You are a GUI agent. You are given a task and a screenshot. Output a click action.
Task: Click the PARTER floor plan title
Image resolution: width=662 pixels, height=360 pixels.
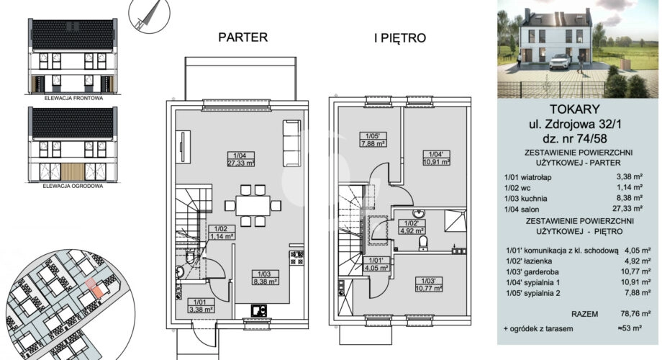[x=242, y=37]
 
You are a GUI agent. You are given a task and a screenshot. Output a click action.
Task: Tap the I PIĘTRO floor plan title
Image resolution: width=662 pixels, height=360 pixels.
[x=400, y=38]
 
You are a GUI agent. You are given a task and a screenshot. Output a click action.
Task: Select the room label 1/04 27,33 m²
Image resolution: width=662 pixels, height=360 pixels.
[x=241, y=159]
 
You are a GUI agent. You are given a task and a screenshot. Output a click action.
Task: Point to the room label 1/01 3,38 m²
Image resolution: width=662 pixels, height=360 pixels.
[x=201, y=305]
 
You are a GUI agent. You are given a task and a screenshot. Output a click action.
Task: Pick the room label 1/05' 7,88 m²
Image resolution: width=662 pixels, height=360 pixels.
[x=373, y=140]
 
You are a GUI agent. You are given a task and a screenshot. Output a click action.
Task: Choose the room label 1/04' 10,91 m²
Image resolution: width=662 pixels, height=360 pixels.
[x=436, y=158]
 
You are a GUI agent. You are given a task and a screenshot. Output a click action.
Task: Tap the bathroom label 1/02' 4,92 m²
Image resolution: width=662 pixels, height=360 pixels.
[x=412, y=227]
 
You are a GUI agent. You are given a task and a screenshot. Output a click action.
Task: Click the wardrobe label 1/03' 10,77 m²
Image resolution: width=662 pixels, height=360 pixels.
[x=429, y=284]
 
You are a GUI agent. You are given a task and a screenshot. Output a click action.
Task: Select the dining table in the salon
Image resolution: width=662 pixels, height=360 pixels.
[x=253, y=206]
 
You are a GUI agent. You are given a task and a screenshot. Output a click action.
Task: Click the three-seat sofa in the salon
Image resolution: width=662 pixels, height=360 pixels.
[x=291, y=143]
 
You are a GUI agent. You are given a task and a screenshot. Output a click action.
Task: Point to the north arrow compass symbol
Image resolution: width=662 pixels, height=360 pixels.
[x=149, y=16]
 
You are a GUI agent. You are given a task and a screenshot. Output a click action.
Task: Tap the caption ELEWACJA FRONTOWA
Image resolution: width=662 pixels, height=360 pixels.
[x=73, y=98]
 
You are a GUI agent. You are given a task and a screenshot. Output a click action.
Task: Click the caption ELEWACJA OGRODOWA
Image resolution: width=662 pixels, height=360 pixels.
[x=73, y=186]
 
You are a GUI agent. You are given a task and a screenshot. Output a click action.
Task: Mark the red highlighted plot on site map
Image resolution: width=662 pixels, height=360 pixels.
[x=94, y=288]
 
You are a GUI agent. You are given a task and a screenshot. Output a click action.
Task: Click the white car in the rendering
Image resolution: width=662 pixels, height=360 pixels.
[x=560, y=61]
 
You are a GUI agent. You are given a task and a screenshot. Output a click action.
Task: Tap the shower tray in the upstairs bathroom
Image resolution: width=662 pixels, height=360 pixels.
[x=455, y=221]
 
